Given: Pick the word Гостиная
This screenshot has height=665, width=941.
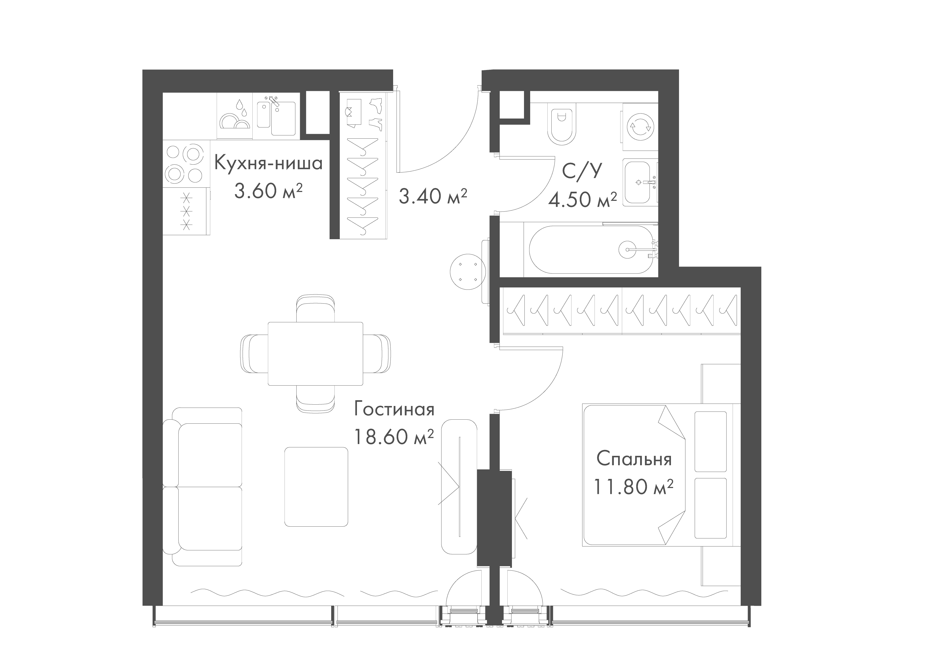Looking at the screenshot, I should click(394, 410).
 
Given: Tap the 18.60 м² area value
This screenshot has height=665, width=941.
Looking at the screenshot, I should click(393, 437).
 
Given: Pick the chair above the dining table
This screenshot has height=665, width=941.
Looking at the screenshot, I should click(316, 308).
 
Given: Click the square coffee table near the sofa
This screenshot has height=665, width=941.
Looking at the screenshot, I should click(316, 487).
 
